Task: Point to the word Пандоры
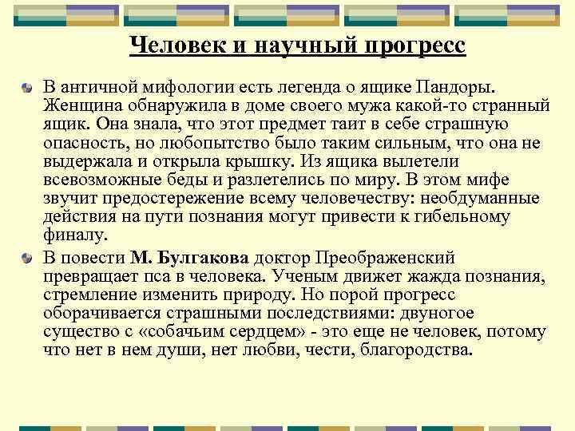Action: point(468,86)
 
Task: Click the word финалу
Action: point(74,239)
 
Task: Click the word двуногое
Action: point(434,315)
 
